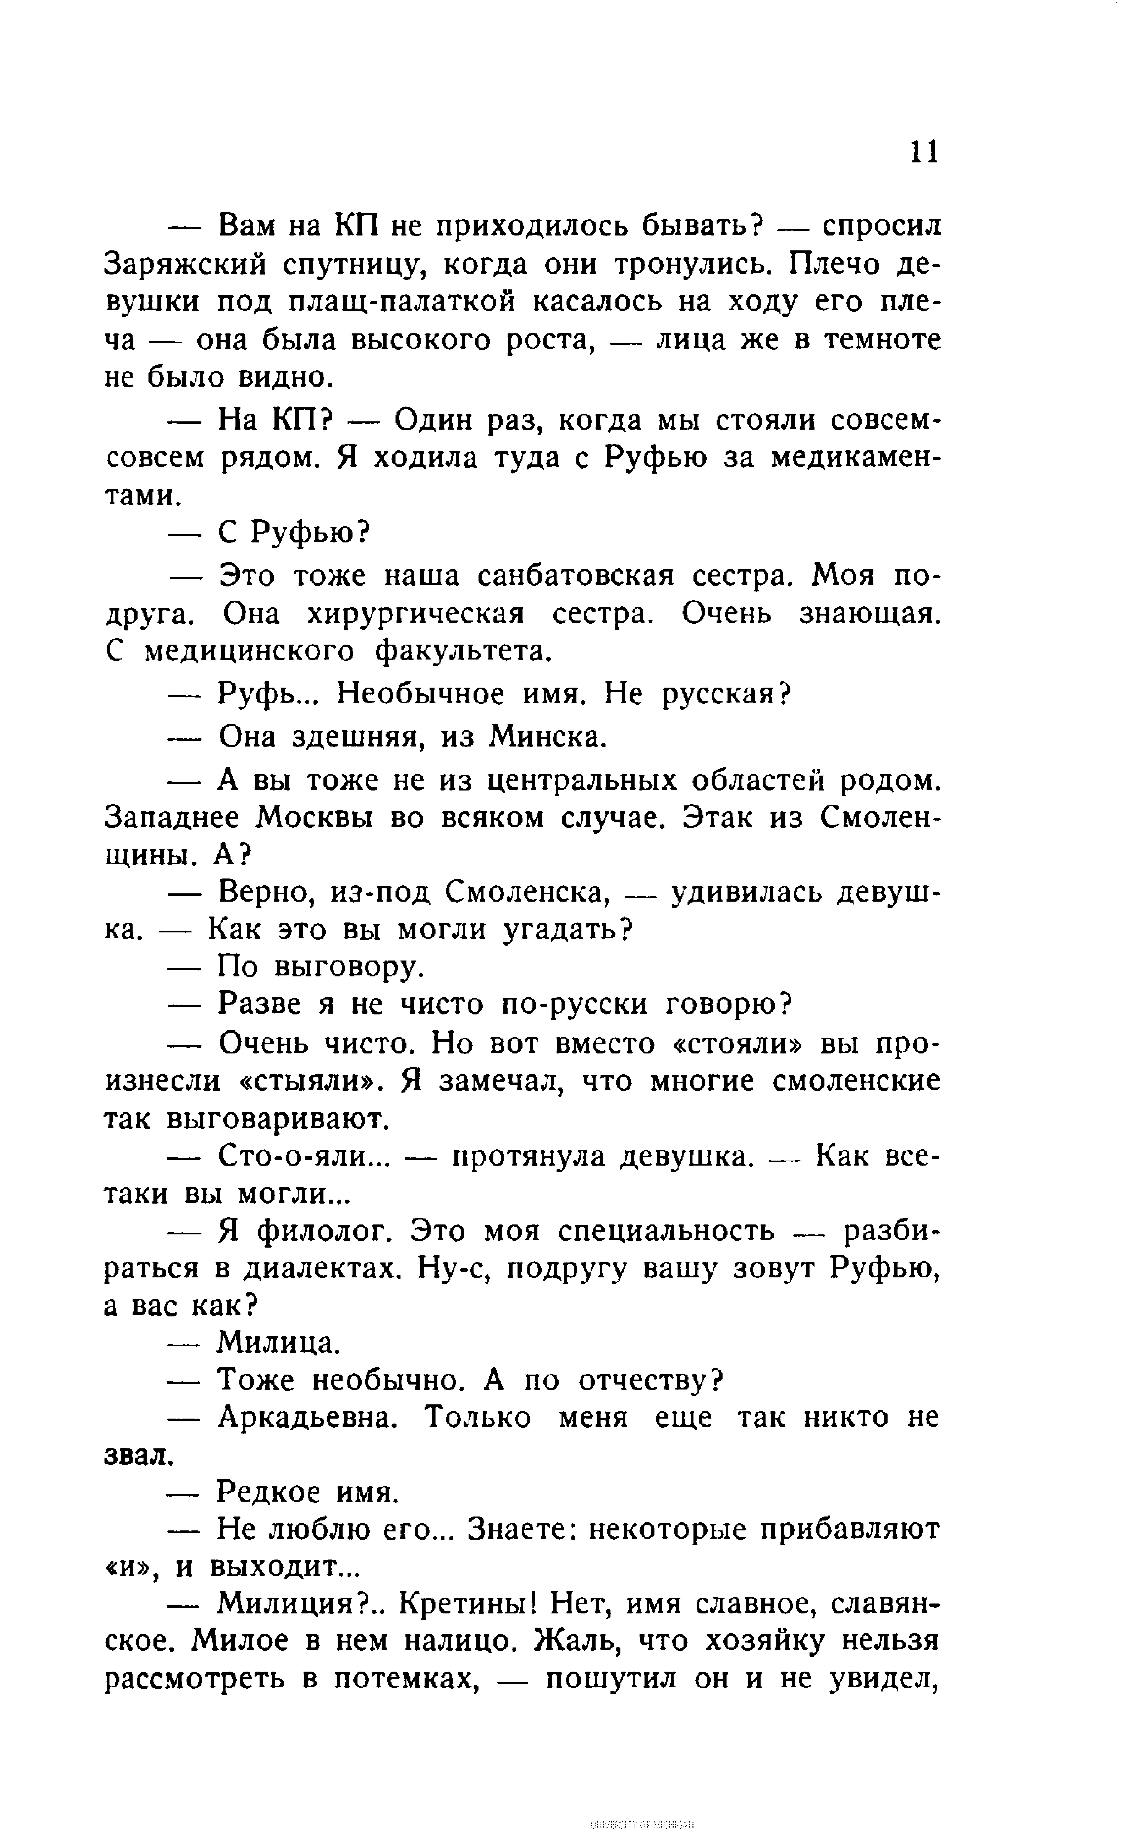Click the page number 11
[x=924, y=152]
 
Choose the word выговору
[x=348, y=967]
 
